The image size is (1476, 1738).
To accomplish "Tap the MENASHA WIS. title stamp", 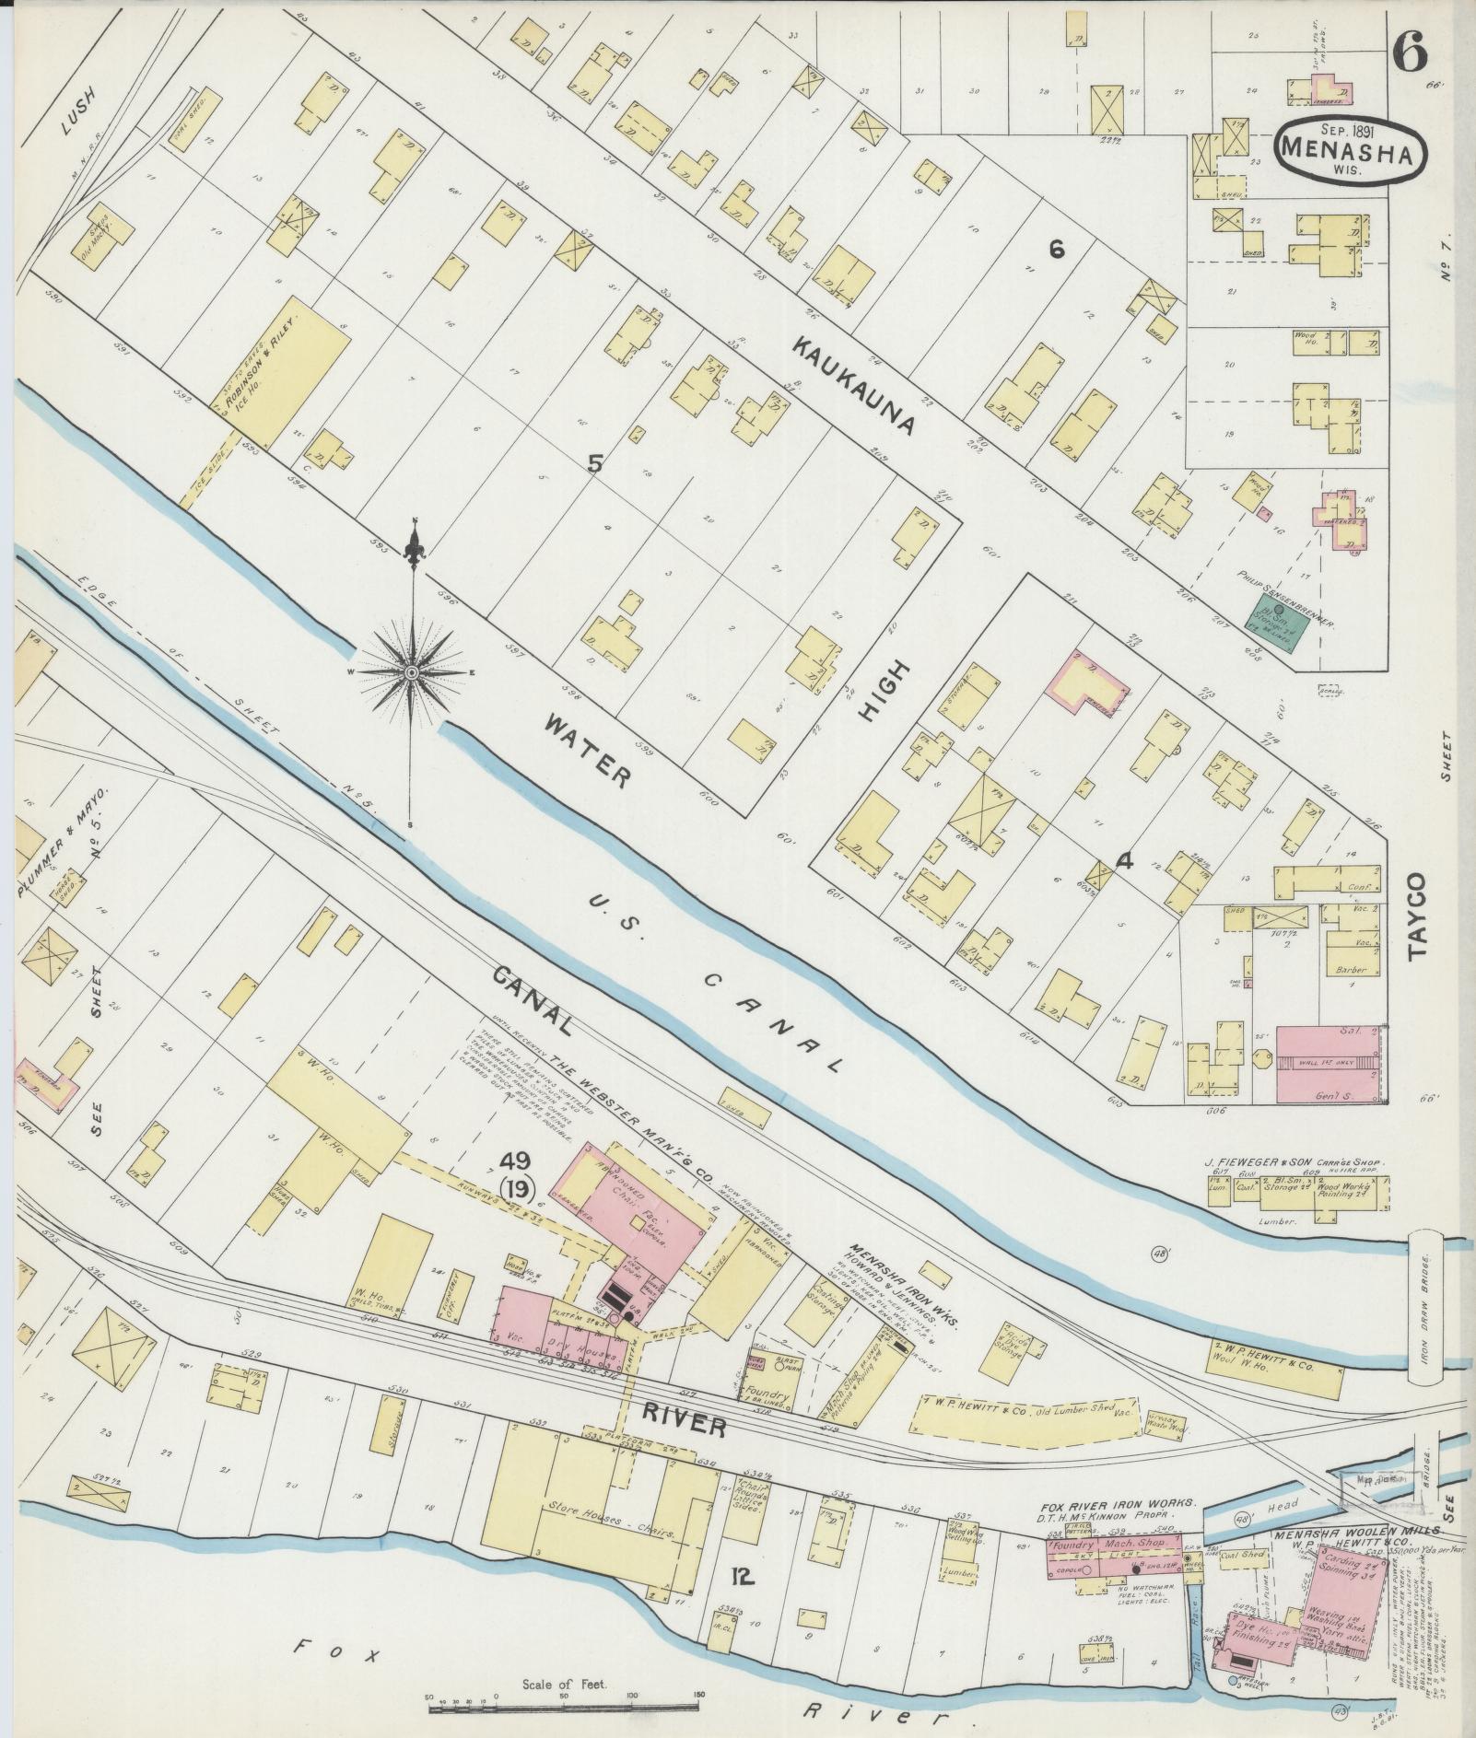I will [x=1350, y=150].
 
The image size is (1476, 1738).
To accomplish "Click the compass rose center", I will [x=412, y=675].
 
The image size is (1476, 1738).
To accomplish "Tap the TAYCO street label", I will [x=1416, y=917].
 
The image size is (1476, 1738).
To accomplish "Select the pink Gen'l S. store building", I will [x=1329, y=1064].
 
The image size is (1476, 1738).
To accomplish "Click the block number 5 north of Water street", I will [x=595, y=466].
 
